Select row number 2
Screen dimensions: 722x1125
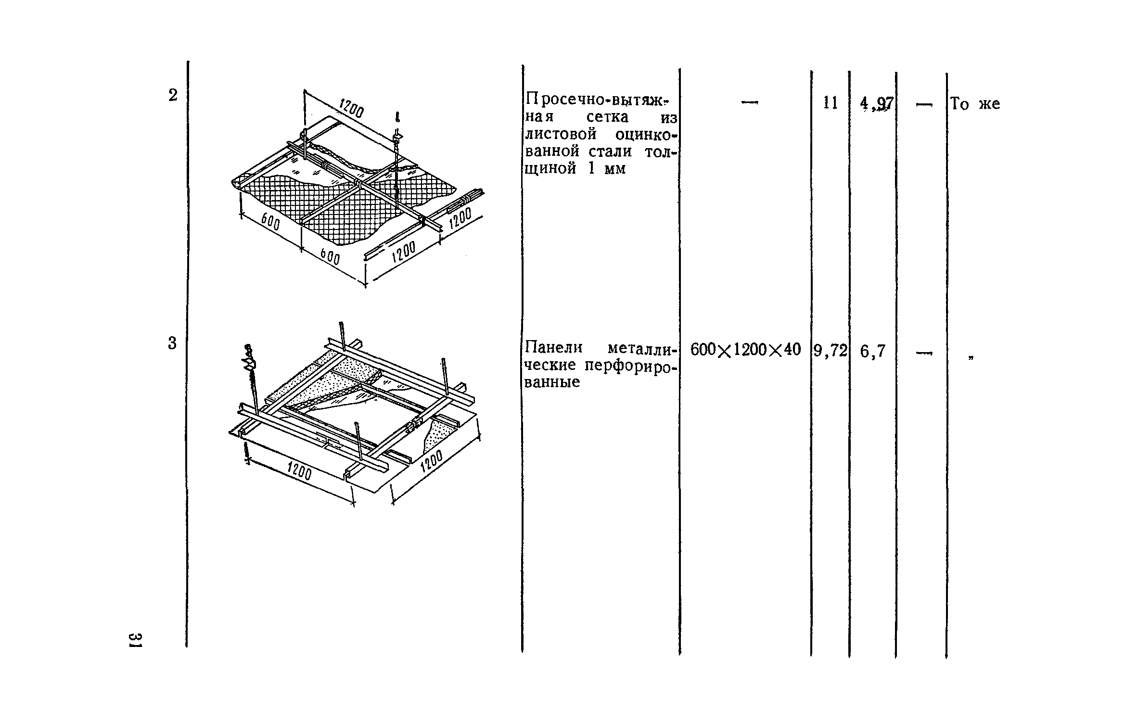[173, 96]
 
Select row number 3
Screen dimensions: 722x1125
[172, 343]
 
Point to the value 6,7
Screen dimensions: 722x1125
[873, 352]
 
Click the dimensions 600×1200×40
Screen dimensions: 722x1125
[745, 350]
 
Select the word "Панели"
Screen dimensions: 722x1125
[553, 347]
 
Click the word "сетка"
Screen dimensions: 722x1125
[607, 117]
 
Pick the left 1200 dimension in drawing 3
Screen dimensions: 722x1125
[299, 472]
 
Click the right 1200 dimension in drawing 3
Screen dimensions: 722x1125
[431, 464]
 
